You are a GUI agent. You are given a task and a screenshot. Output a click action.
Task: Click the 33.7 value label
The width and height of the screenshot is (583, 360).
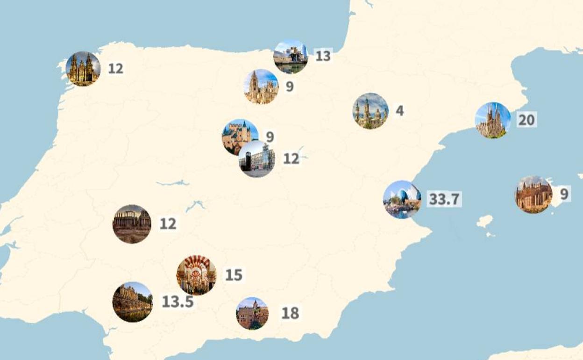[444, 199]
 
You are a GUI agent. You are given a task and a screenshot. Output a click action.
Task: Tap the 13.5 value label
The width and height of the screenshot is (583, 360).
[178, 302]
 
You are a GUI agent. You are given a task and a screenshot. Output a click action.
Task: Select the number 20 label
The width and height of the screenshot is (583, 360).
[526, 120]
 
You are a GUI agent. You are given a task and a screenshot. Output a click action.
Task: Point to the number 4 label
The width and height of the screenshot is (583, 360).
[399, 111]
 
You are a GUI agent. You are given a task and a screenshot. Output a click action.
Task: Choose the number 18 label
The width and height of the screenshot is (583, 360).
[290, 313]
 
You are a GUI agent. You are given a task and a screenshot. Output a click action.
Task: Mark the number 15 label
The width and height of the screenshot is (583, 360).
[234, 275]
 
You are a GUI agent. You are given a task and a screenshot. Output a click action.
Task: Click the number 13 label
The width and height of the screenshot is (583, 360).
[323, 56]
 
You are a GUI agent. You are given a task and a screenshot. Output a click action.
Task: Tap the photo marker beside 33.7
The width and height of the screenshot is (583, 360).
[402, 200]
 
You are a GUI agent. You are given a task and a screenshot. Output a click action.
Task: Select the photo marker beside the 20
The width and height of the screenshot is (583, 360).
[493, 120]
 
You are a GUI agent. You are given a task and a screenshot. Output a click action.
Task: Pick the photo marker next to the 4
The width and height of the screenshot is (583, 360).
[370, 111]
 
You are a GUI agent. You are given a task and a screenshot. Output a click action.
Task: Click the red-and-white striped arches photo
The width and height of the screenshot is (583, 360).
[196, 275]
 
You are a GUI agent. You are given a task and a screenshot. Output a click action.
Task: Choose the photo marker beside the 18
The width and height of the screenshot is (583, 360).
[252, 313]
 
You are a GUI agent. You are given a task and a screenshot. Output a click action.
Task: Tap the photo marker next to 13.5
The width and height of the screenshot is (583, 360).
[133, 302]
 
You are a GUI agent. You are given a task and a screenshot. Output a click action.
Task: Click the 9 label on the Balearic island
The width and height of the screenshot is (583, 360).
[564, 194]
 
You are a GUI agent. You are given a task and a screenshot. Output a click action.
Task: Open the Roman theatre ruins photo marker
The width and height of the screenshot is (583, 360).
[132, 224]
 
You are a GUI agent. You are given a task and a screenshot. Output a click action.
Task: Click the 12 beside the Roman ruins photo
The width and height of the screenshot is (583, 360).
[168, 224]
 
